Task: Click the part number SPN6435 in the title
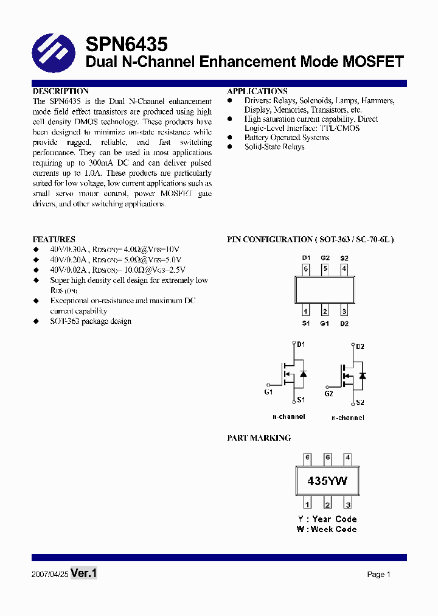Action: [x=127, y=44]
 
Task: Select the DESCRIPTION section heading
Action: [x=61, y=91]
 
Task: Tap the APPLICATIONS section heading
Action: [x=257, y=91]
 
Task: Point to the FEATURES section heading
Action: [x=54, y=240]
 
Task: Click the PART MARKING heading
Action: [x=259, y=438]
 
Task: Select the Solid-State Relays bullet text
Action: [x=274, y=147]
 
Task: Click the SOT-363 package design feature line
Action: [x=91, y=321]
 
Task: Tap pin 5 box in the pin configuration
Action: [x=325, y=268]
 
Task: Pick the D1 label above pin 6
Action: [x=306, y=258]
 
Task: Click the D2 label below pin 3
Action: [x=344, y=323]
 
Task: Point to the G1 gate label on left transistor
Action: [x=268, y=392]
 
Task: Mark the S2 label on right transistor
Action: [x=360, y=402]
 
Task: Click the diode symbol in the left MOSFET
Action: [x=303, y=374]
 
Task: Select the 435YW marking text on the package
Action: [x=327, y=481]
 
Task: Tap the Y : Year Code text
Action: [x=327, y=519]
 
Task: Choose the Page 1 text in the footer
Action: [x=378, y=574]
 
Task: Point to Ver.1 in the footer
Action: [x=84, y=573]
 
